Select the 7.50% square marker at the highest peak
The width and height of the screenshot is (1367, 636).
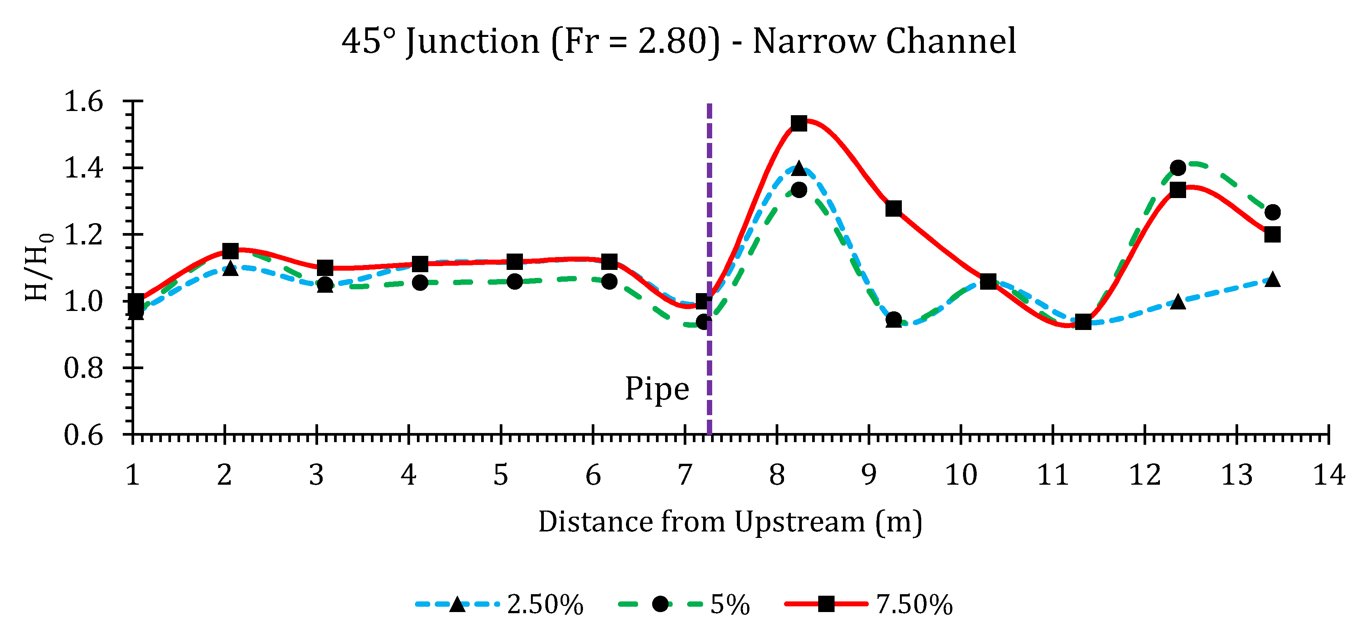pyautogui.click(x=799, y=123)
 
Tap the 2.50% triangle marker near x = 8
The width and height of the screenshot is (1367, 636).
pyautogui.click(x=799, y=168)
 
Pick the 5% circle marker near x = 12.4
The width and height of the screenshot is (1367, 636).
pyautogui.click(x=1178, y=168)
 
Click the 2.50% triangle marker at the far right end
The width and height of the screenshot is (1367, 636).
pyautogui.click(x=1272, y=279)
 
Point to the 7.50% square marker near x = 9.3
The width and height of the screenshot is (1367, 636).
pyautogui.click(x=893, y=209)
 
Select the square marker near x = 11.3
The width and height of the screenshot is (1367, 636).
pyautogui.click(x=1083, y=322)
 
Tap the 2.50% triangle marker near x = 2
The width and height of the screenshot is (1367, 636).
pyautogui.click(x=230, y=268)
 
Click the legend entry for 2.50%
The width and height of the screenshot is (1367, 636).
pyautogui.click(x=499, y=604)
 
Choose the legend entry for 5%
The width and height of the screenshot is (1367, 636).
pyautogui.click(x=684, y=604)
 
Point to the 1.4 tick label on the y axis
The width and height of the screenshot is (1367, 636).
pyautogui.click(x=83, y=168)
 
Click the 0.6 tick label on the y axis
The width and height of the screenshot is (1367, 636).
pyautogui.click(x=83, y=435)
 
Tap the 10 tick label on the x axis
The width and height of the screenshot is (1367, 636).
pyautogui.click(x=960, y=475)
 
